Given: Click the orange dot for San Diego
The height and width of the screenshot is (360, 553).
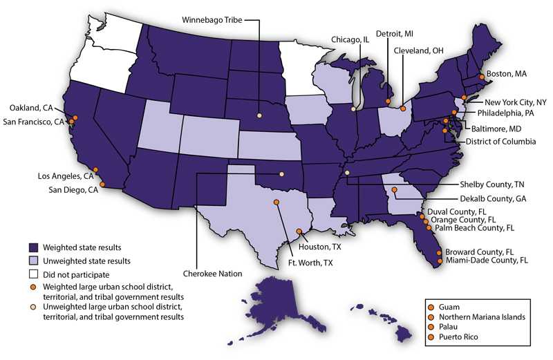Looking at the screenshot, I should click(x=103, y=184).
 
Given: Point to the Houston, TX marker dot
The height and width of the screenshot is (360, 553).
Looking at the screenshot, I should click(x=299, y=232).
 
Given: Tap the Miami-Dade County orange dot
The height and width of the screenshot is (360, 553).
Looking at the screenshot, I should click(x=440, y=260).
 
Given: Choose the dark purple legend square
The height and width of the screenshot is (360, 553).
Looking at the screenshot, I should click(x=34, y=247).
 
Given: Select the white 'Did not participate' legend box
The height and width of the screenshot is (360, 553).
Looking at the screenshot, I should click(x=34, y=274).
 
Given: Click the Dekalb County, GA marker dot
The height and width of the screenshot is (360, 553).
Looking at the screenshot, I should click(x=395, y=189).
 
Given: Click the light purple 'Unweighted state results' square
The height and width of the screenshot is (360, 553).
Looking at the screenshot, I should click(x=34, y=260).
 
